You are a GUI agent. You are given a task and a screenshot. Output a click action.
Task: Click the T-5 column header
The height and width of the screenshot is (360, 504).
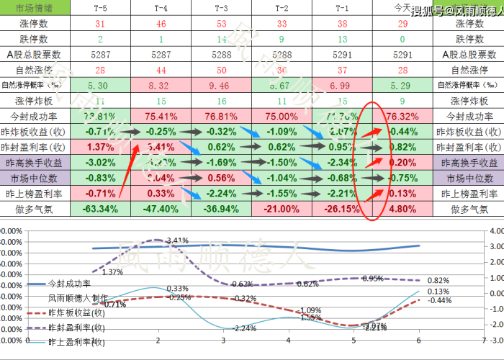(101, 7)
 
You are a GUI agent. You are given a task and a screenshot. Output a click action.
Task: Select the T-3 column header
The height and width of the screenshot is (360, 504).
(222, 7)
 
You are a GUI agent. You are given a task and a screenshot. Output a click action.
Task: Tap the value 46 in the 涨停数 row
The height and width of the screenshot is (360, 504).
(161, 23)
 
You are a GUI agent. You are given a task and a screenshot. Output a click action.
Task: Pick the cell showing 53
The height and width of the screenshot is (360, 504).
(222, 23)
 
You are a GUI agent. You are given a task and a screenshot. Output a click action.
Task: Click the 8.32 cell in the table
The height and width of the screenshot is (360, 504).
(161, 85)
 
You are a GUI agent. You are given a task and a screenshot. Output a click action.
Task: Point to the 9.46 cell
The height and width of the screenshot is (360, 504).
(222, 85)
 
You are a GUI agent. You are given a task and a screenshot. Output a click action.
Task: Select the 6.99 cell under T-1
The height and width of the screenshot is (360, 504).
(342, 85)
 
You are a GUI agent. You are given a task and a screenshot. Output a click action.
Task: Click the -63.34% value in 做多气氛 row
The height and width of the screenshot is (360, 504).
(101, 209)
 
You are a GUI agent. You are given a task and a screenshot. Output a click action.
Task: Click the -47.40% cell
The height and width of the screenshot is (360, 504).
(161, 209)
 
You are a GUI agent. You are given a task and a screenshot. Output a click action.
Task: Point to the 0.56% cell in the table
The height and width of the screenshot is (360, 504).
(222, 178)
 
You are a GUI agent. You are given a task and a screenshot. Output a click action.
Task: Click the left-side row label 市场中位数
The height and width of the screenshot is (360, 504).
(35, 178)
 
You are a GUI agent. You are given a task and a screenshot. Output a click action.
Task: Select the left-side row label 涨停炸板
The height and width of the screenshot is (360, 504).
(35, 101)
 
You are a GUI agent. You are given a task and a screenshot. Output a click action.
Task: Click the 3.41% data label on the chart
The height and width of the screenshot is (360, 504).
(176, 240)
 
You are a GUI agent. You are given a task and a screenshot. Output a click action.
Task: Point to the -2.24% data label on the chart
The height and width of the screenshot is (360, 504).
(245, 328)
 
